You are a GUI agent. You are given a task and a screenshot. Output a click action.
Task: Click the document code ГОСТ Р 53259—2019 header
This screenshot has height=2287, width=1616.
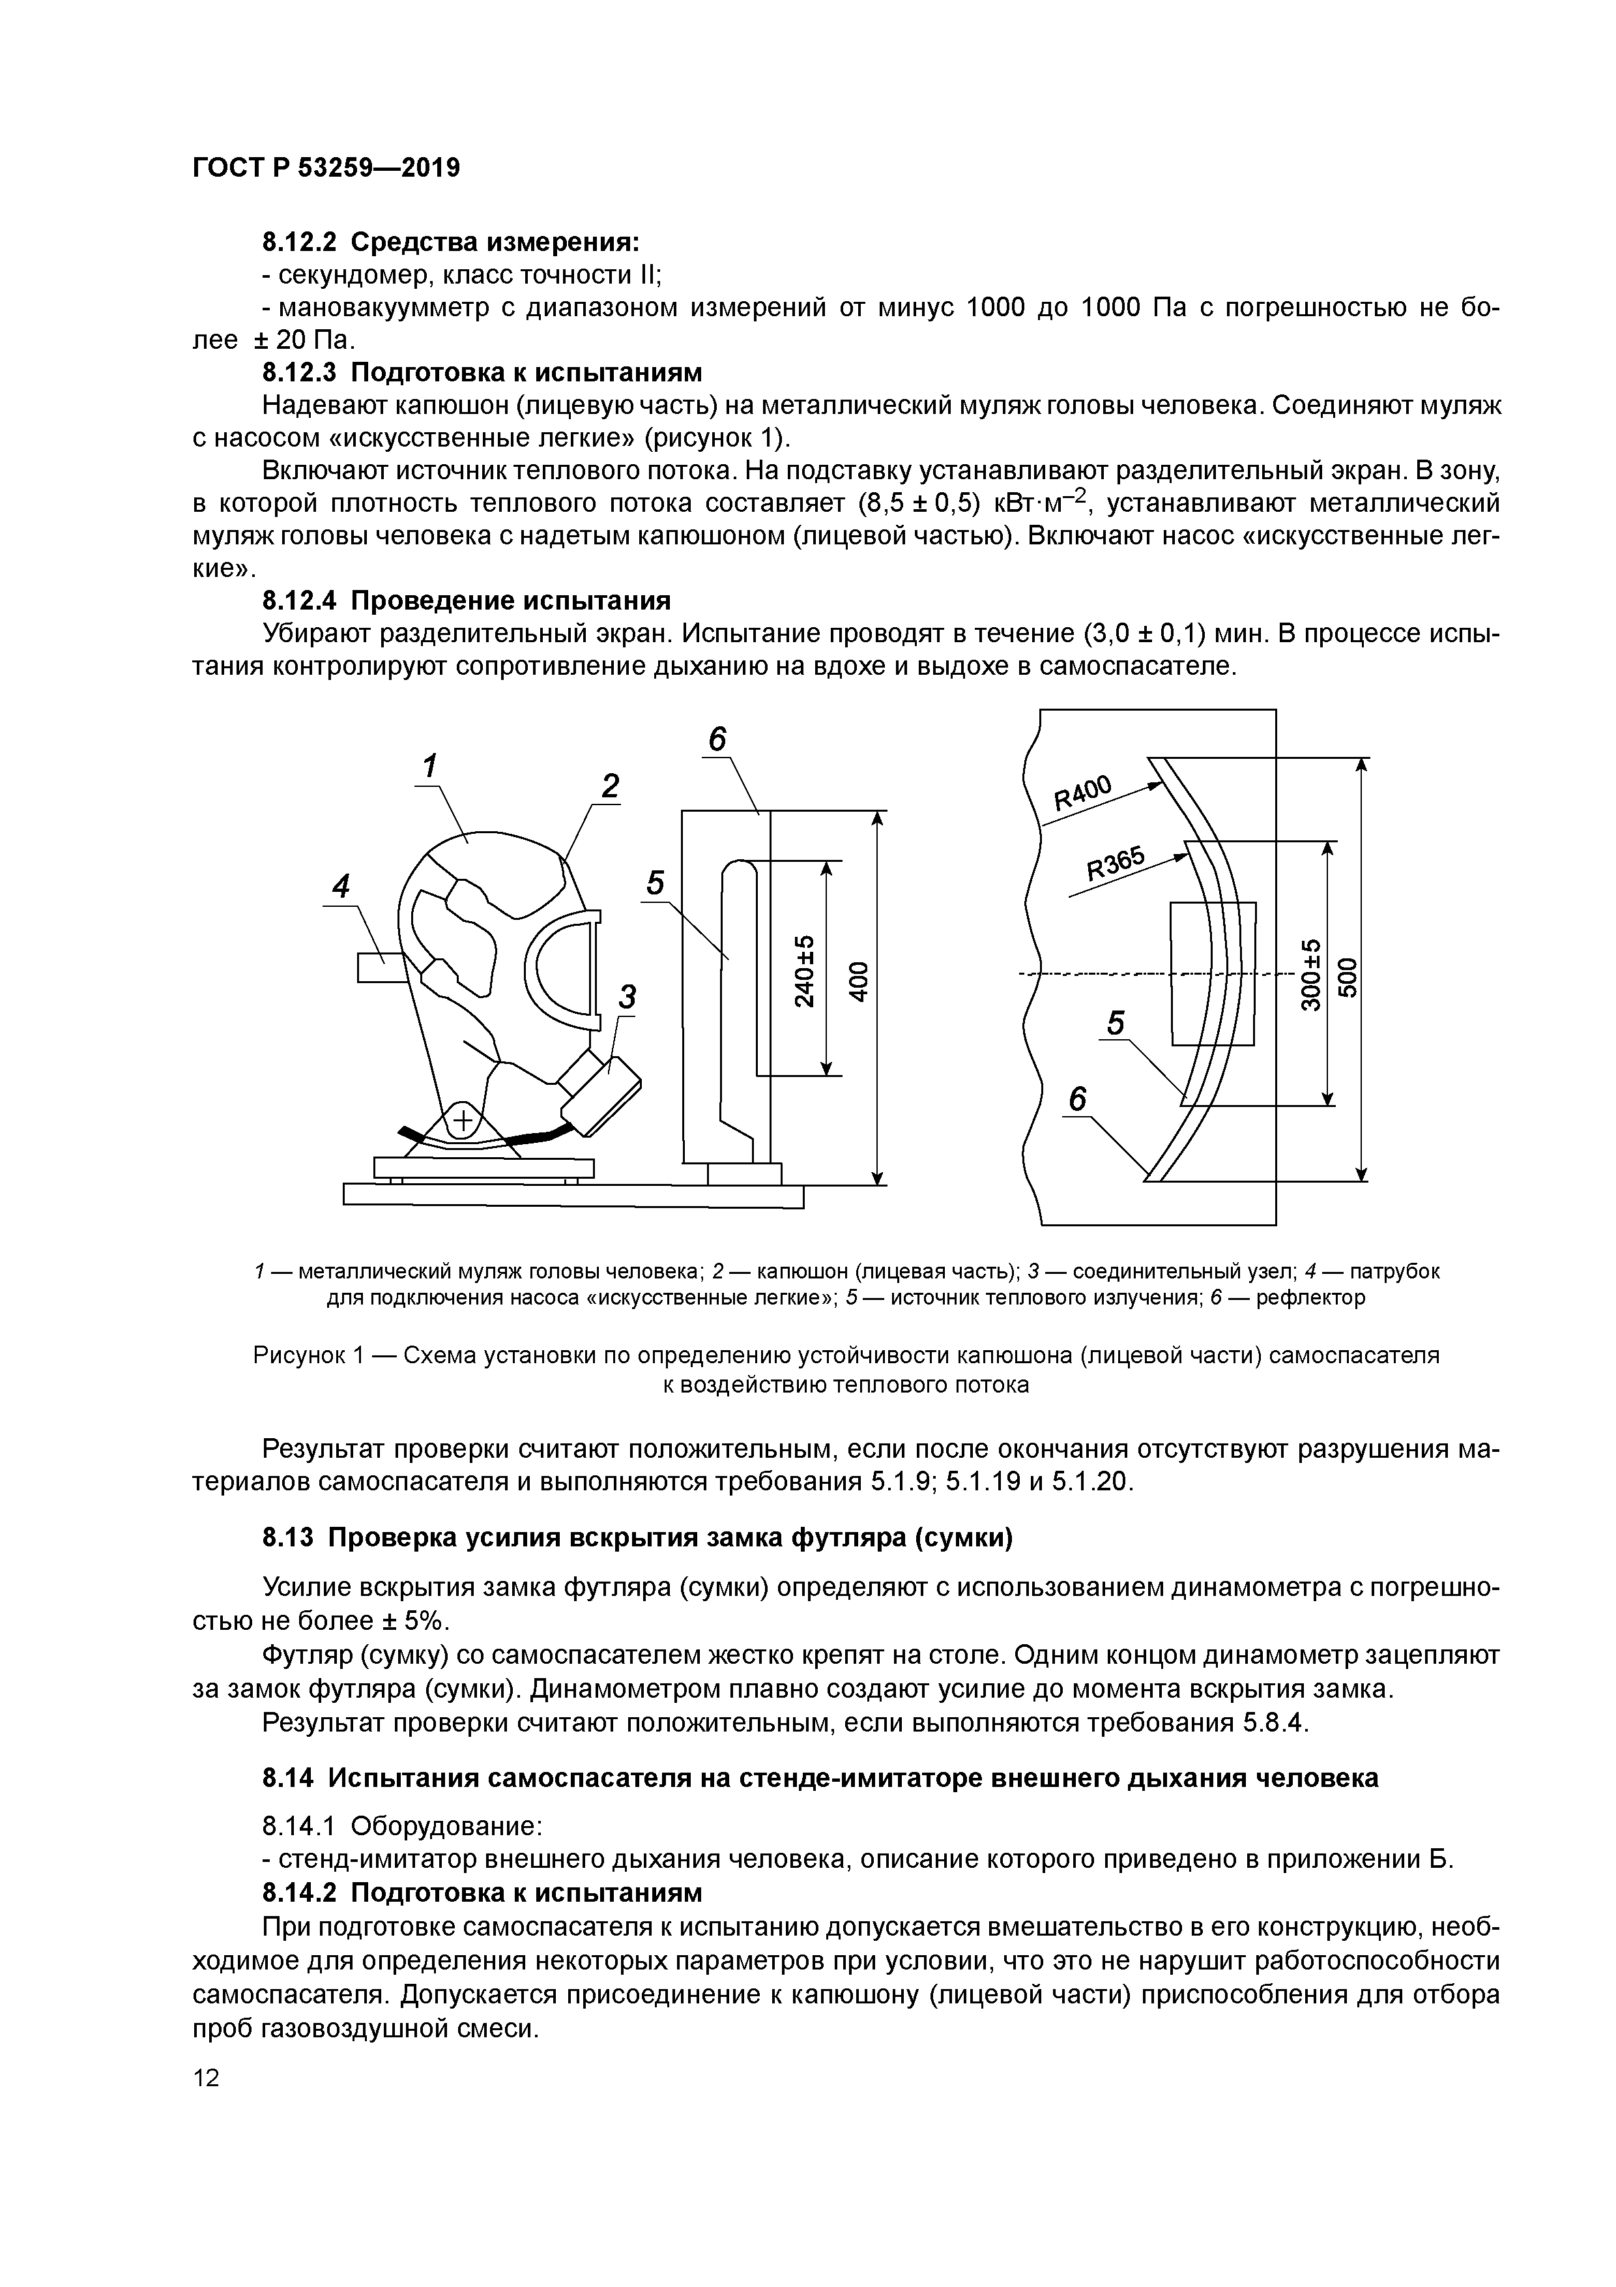[326, 168]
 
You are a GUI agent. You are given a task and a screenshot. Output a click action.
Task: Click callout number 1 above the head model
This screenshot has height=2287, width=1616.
[430, 766]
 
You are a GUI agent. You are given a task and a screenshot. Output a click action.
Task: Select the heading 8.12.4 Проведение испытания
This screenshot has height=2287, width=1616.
[466, 600]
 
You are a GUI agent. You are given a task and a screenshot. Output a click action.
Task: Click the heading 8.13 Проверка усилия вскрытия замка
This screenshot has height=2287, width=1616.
[637, 1538]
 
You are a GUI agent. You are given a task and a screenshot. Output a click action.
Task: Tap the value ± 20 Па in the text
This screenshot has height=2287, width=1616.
[304, 340]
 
